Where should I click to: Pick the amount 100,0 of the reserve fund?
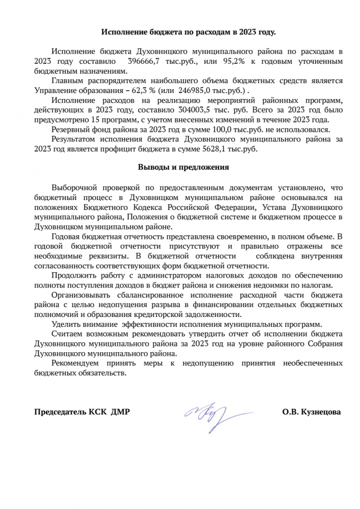210,129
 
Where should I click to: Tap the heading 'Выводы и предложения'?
183,168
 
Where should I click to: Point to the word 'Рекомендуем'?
76,363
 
